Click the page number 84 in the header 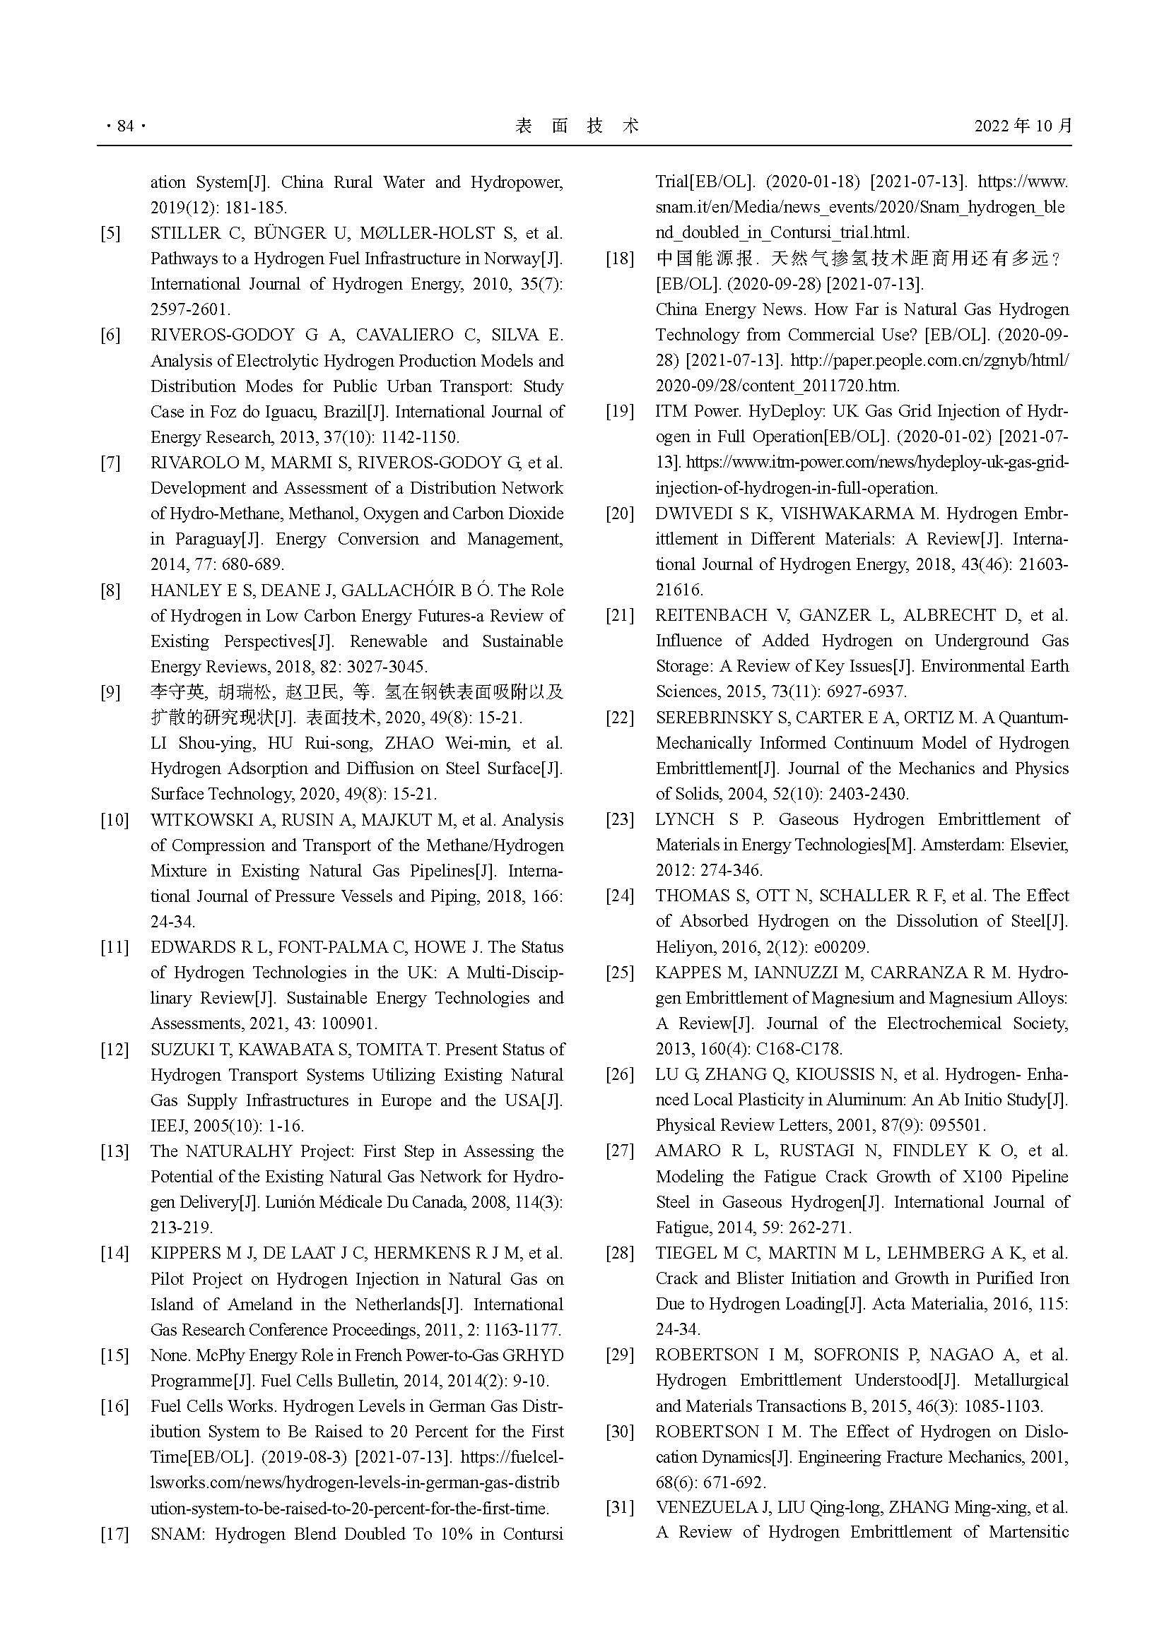(x=125, y=126)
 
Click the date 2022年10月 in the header (x=1023, y=126)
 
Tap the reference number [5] (x=110, y=233)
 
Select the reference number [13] (x=114, y=1151)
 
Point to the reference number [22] (x=619, y=718)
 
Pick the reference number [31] (x=619, y=1507)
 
